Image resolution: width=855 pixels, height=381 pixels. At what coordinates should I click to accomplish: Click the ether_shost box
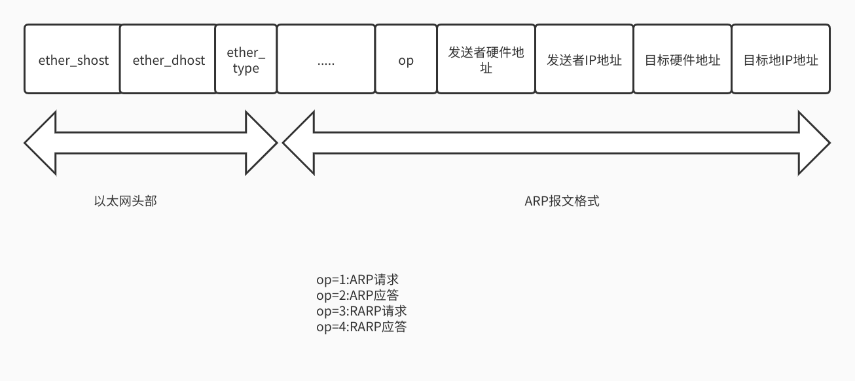point(73,60)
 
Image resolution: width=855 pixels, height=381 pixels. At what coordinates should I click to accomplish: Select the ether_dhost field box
point(168,60)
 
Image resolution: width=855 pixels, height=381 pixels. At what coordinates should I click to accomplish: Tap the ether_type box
point(246,60)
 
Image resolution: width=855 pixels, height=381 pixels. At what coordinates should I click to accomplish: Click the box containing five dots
point(326,60)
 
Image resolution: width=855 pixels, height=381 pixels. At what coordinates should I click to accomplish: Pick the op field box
point(406,60)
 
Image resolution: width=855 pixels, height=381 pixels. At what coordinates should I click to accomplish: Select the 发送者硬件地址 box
point(486,60)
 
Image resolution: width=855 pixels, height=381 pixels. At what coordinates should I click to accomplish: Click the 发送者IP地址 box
point(584,60)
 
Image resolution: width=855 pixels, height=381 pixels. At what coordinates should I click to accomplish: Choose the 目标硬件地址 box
point(682,60)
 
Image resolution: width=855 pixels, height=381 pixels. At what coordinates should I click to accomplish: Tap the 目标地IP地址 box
point(780,60)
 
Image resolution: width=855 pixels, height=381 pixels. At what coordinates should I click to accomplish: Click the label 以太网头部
point(125,201)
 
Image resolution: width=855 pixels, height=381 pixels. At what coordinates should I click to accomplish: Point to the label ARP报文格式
point(562,201)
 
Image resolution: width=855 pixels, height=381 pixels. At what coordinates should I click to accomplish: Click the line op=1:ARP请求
point(357,280)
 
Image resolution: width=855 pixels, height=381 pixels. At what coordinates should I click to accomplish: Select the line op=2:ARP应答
point(357,295)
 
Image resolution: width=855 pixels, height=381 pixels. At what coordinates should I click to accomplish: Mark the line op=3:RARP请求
point(361,311)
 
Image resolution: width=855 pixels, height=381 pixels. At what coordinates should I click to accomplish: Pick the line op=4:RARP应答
point(361,327)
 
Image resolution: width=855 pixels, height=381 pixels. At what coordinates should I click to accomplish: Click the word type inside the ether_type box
point(246,68)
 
